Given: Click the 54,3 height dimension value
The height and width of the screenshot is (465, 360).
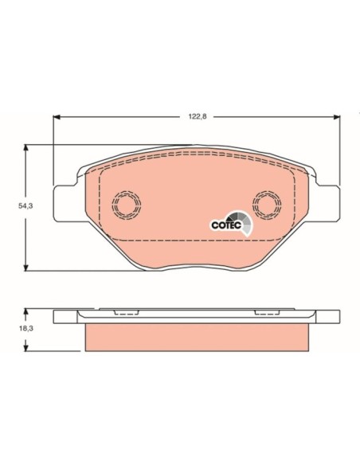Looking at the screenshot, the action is [x=25, y=205].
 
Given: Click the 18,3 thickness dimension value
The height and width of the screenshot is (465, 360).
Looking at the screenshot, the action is [x=25, y=328].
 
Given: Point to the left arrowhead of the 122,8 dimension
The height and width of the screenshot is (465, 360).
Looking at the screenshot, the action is [x=57, y=117].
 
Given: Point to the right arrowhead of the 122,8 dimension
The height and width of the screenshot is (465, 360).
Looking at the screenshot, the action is [x=337, y=117].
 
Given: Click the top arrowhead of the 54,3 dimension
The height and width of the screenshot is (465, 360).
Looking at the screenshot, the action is [x=26, y=148].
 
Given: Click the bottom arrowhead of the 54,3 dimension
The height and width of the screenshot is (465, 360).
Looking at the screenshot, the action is [x=26, y=268].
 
